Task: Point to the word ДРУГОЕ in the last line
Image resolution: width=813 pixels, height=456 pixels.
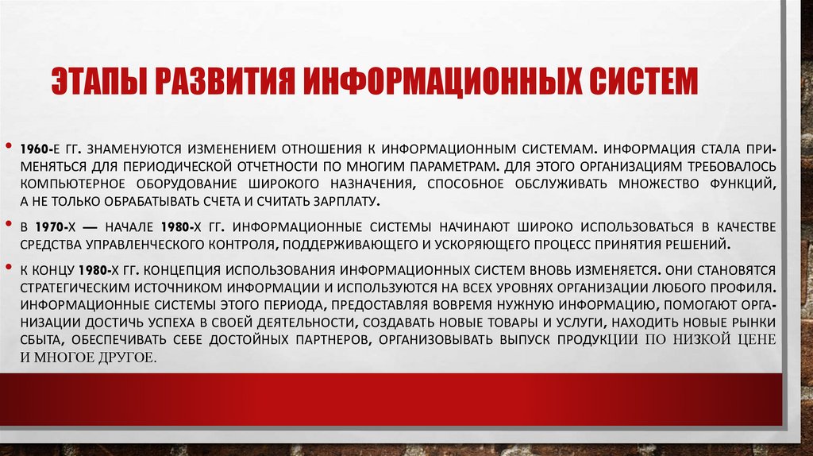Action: pos(128,357)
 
